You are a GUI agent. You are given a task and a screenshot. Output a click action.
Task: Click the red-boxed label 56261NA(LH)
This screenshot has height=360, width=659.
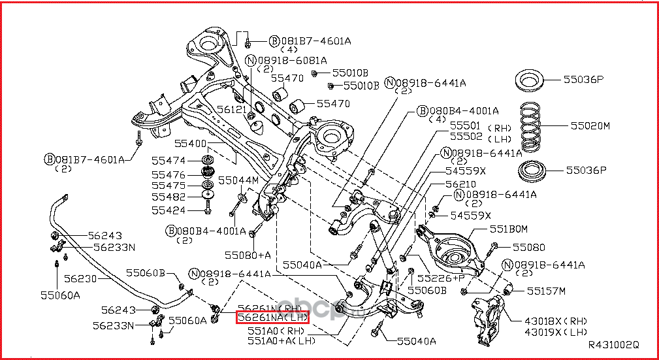coord(272,318)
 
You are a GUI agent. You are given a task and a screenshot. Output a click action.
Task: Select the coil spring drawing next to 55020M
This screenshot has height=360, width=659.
coord(537,125)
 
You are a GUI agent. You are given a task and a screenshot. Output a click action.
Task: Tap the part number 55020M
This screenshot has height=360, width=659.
coord(589,125)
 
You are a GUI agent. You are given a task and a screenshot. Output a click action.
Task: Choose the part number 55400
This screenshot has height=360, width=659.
coord(190,143)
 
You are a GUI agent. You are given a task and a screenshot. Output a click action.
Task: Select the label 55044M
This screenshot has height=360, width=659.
coord(238,180)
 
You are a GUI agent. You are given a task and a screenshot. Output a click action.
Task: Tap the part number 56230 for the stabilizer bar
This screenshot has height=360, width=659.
coord(80,278)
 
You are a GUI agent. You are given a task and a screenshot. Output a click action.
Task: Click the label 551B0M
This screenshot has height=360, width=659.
coord(508,229)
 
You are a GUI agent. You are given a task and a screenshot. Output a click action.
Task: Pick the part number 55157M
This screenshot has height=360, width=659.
coord(546,290)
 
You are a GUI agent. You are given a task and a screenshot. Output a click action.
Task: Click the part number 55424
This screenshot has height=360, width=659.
coord(169,210)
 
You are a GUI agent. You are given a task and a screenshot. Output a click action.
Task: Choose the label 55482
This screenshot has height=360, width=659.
coord(169,197)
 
